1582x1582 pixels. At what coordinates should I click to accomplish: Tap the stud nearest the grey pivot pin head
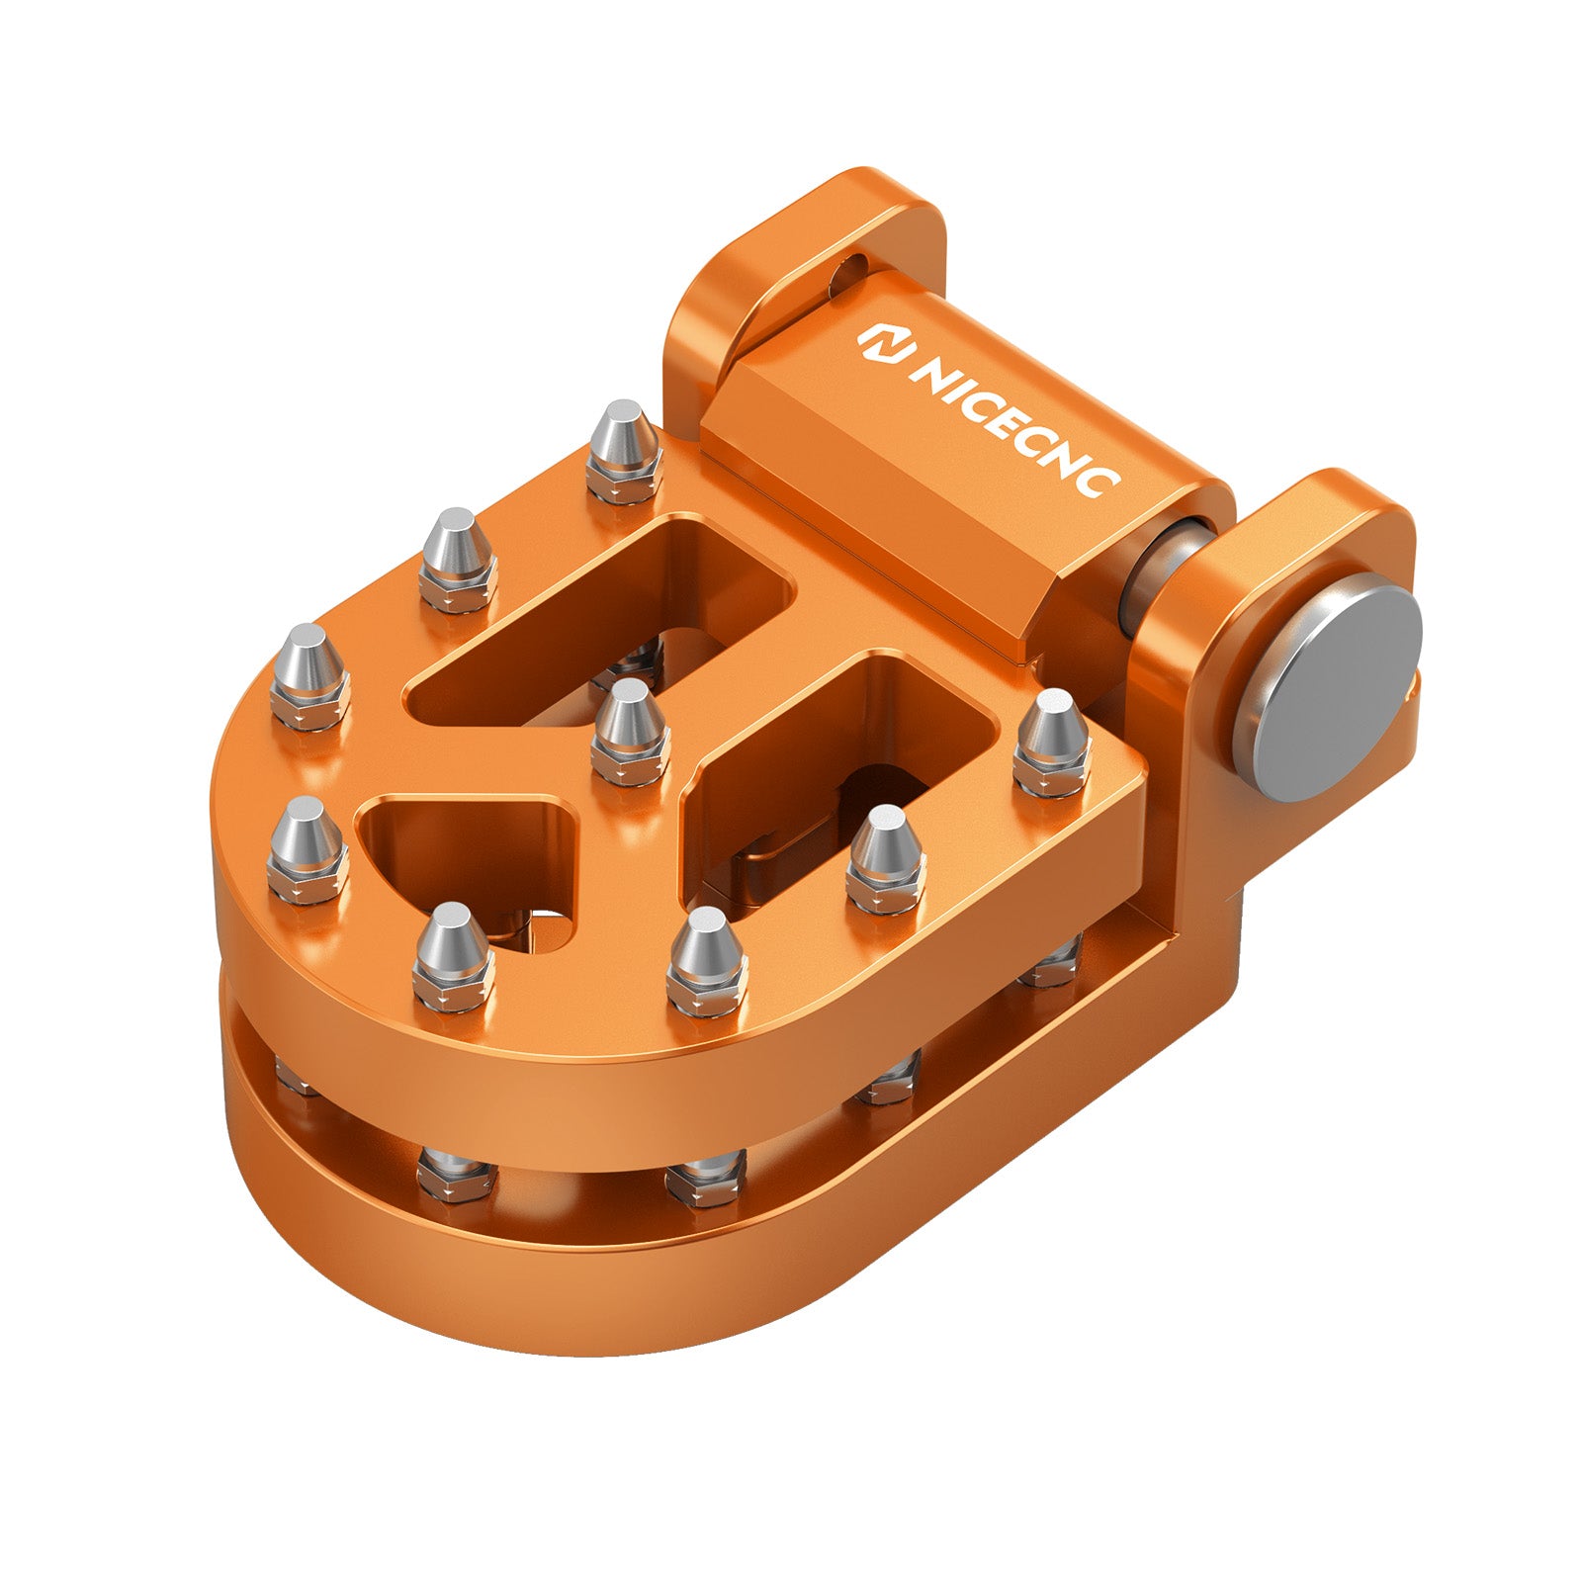tap(1052, 742)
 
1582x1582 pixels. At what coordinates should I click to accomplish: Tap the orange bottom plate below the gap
tap(692, 1275)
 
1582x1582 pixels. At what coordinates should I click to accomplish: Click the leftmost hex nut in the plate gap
tap(297, 1073)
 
